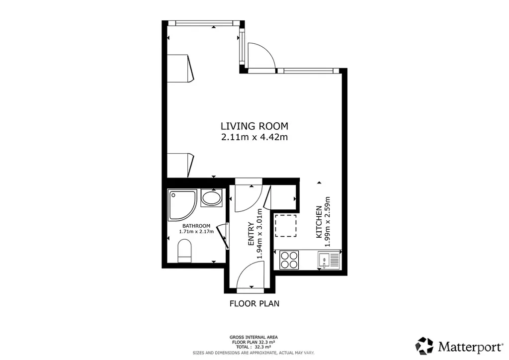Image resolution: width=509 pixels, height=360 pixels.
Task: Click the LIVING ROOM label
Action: click(254, 126)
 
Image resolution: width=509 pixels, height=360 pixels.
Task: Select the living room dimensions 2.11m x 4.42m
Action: click(254, 137)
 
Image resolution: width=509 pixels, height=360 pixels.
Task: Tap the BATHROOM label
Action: click(196, 226)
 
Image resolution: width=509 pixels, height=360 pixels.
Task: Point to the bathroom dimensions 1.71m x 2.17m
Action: click(196, 231)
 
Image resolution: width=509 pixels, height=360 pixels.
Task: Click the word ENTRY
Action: click(251, 234)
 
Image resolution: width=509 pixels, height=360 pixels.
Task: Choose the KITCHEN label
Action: click(319, 222)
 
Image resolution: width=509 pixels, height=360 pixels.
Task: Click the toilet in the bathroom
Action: click(184, 251)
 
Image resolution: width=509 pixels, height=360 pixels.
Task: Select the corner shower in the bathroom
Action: click(182, 205)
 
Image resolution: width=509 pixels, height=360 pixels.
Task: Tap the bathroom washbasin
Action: click(211, 198)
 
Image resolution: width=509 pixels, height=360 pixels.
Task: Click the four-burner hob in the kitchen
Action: click(289, 260)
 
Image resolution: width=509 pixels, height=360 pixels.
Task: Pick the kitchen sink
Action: click(329, 261)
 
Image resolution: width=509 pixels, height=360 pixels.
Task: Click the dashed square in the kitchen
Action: click(286, 226)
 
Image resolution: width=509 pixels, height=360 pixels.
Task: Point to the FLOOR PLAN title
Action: click(254, 303)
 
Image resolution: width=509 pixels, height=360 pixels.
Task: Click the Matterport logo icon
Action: click(424, 346)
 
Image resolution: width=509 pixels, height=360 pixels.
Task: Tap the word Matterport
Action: click(470, 347)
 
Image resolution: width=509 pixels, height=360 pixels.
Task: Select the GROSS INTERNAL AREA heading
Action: click(254, 337)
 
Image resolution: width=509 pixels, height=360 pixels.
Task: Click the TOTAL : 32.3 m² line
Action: click(254, 347)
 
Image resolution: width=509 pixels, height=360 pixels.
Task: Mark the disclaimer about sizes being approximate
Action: click(254, 353)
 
